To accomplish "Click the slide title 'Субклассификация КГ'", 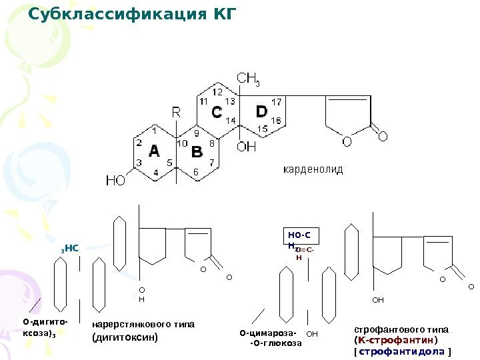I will [132, 13].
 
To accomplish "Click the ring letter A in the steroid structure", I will [154, 151].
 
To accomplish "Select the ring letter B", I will [197, 153].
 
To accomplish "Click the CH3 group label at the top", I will [248, 80].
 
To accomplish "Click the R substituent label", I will [176, 112].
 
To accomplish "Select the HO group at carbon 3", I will [115, 179].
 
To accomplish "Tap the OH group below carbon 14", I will [247, 147].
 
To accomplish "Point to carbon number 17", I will [277, 101].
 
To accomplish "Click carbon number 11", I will [204, 101].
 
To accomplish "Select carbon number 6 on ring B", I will [196, 173].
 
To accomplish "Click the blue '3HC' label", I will [70, 248].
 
